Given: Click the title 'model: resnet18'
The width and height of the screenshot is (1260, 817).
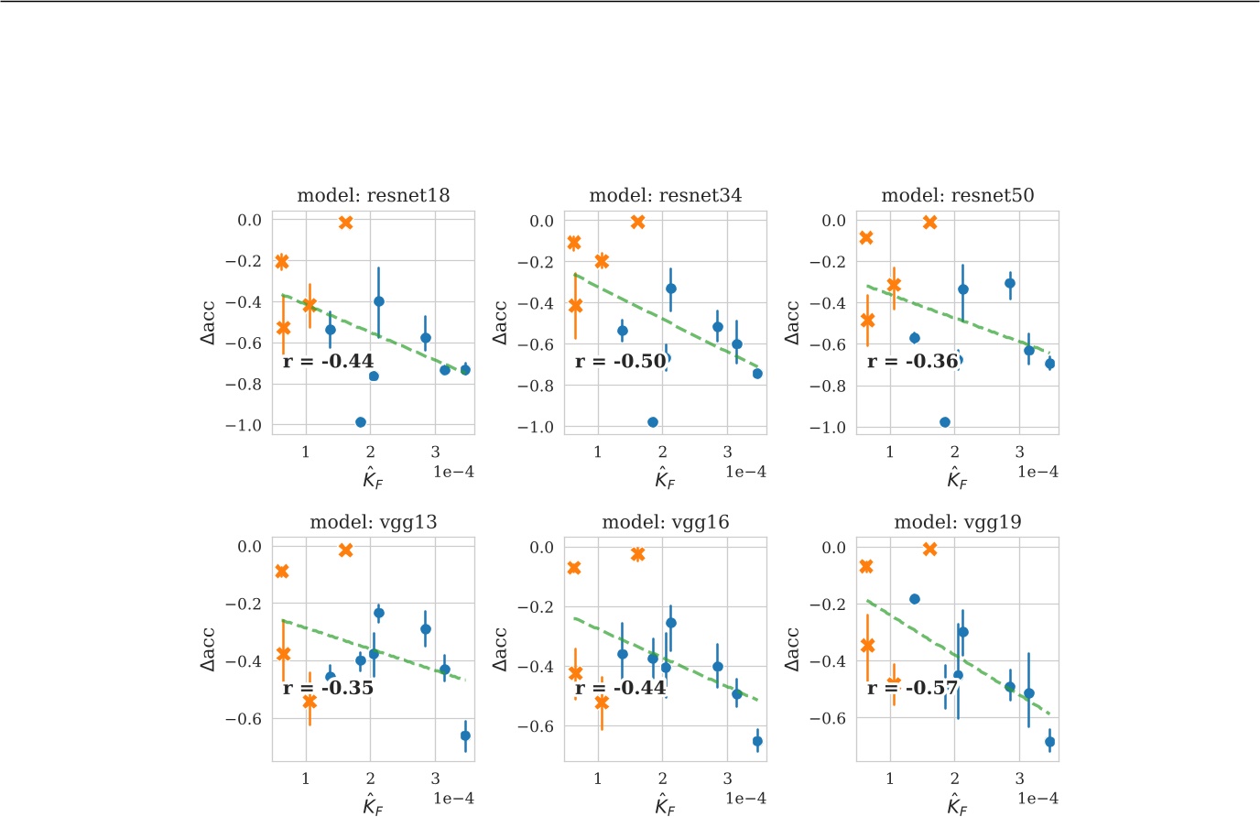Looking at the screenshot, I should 373,195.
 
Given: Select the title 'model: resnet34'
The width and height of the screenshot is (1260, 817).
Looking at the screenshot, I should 665,195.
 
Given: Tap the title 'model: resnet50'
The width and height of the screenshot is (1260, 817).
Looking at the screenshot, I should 957,195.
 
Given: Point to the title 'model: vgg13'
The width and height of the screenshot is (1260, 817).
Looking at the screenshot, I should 373,522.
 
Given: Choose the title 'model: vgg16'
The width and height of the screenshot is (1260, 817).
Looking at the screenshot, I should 665,522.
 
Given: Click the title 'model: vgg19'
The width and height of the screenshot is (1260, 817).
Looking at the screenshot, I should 957,522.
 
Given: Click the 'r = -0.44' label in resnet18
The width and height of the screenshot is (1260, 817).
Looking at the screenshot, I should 328,361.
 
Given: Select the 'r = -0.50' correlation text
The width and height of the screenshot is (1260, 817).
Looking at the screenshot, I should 620,361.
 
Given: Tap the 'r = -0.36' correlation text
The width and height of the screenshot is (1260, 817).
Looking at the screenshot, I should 912,361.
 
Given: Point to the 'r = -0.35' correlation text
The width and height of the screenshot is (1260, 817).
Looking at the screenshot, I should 328,687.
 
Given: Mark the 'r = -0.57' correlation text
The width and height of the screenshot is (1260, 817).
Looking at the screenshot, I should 912,688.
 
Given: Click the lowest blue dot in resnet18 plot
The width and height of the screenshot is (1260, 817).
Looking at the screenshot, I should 361,422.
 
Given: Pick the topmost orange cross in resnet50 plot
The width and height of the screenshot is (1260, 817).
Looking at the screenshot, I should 930,223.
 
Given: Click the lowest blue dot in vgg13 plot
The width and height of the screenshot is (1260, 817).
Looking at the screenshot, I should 465,735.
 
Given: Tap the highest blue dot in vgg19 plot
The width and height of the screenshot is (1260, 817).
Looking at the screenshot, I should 914,599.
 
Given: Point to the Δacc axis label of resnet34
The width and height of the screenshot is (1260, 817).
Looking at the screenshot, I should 500,322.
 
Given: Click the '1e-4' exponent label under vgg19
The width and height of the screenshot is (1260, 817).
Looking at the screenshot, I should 1037,799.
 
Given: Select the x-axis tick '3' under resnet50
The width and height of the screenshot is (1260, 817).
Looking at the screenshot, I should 1019,452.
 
